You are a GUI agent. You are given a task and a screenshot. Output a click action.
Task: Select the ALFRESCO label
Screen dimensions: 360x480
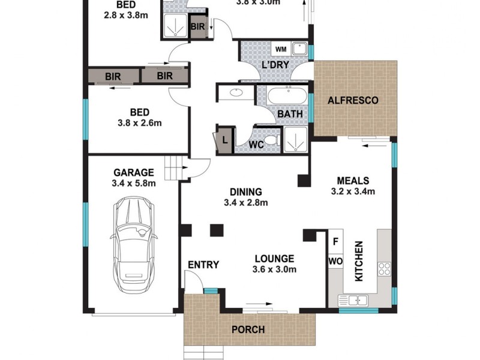[x=353, y=100]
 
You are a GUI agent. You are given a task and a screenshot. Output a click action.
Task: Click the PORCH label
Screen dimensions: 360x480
[x=248, y=329]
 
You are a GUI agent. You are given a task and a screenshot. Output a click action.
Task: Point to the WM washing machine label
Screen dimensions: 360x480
[x=280, y=49]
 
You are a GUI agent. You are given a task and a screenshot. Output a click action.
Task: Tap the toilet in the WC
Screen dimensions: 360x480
[x=271, y=141]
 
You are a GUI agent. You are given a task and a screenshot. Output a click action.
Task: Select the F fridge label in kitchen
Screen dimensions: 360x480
[x=335, y=242]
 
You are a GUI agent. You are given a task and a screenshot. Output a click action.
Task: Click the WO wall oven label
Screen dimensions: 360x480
[x=335, y=262]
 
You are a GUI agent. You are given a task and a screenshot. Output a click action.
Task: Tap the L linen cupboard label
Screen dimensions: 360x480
[x=224, y=140]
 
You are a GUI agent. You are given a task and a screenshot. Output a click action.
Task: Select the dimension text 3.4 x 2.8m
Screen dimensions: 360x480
[x=245, y=202]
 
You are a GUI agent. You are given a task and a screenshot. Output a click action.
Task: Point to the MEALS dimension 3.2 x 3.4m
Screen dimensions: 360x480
[x=353, y=192]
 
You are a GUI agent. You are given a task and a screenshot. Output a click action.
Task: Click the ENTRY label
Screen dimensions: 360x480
[x=203, y=265]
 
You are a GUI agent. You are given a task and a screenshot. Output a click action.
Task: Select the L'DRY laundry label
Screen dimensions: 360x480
[x=275, y=65]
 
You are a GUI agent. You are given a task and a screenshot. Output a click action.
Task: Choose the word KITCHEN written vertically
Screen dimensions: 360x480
[x=359, y=262]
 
